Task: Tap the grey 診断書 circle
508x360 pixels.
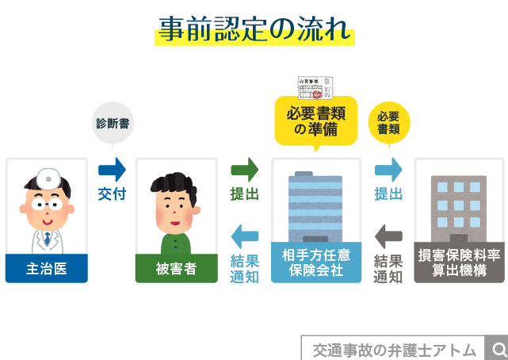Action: [x=113, y=124]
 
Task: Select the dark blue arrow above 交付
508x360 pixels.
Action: [x=113, y=169]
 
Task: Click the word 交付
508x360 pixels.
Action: [x=113, y=194]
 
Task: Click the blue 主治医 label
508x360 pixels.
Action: [x=45, y=269]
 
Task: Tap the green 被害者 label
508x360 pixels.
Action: [x=176, y=269]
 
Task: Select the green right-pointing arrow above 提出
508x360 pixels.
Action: [x=244, y=169]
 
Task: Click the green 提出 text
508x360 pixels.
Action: [x=244, y=194]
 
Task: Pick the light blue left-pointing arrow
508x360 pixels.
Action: [x=244, y=236]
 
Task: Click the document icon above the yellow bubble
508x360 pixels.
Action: [x=316, y=86]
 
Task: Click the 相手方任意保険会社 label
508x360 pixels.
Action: [x=315, y=263]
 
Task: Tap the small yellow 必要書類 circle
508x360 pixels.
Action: [x=388, y=122]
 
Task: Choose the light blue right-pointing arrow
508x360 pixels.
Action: [x=388, y=169]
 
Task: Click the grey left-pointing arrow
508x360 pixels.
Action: [x=388, y=236]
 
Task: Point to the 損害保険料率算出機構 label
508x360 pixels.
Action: [x=460, y=263]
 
